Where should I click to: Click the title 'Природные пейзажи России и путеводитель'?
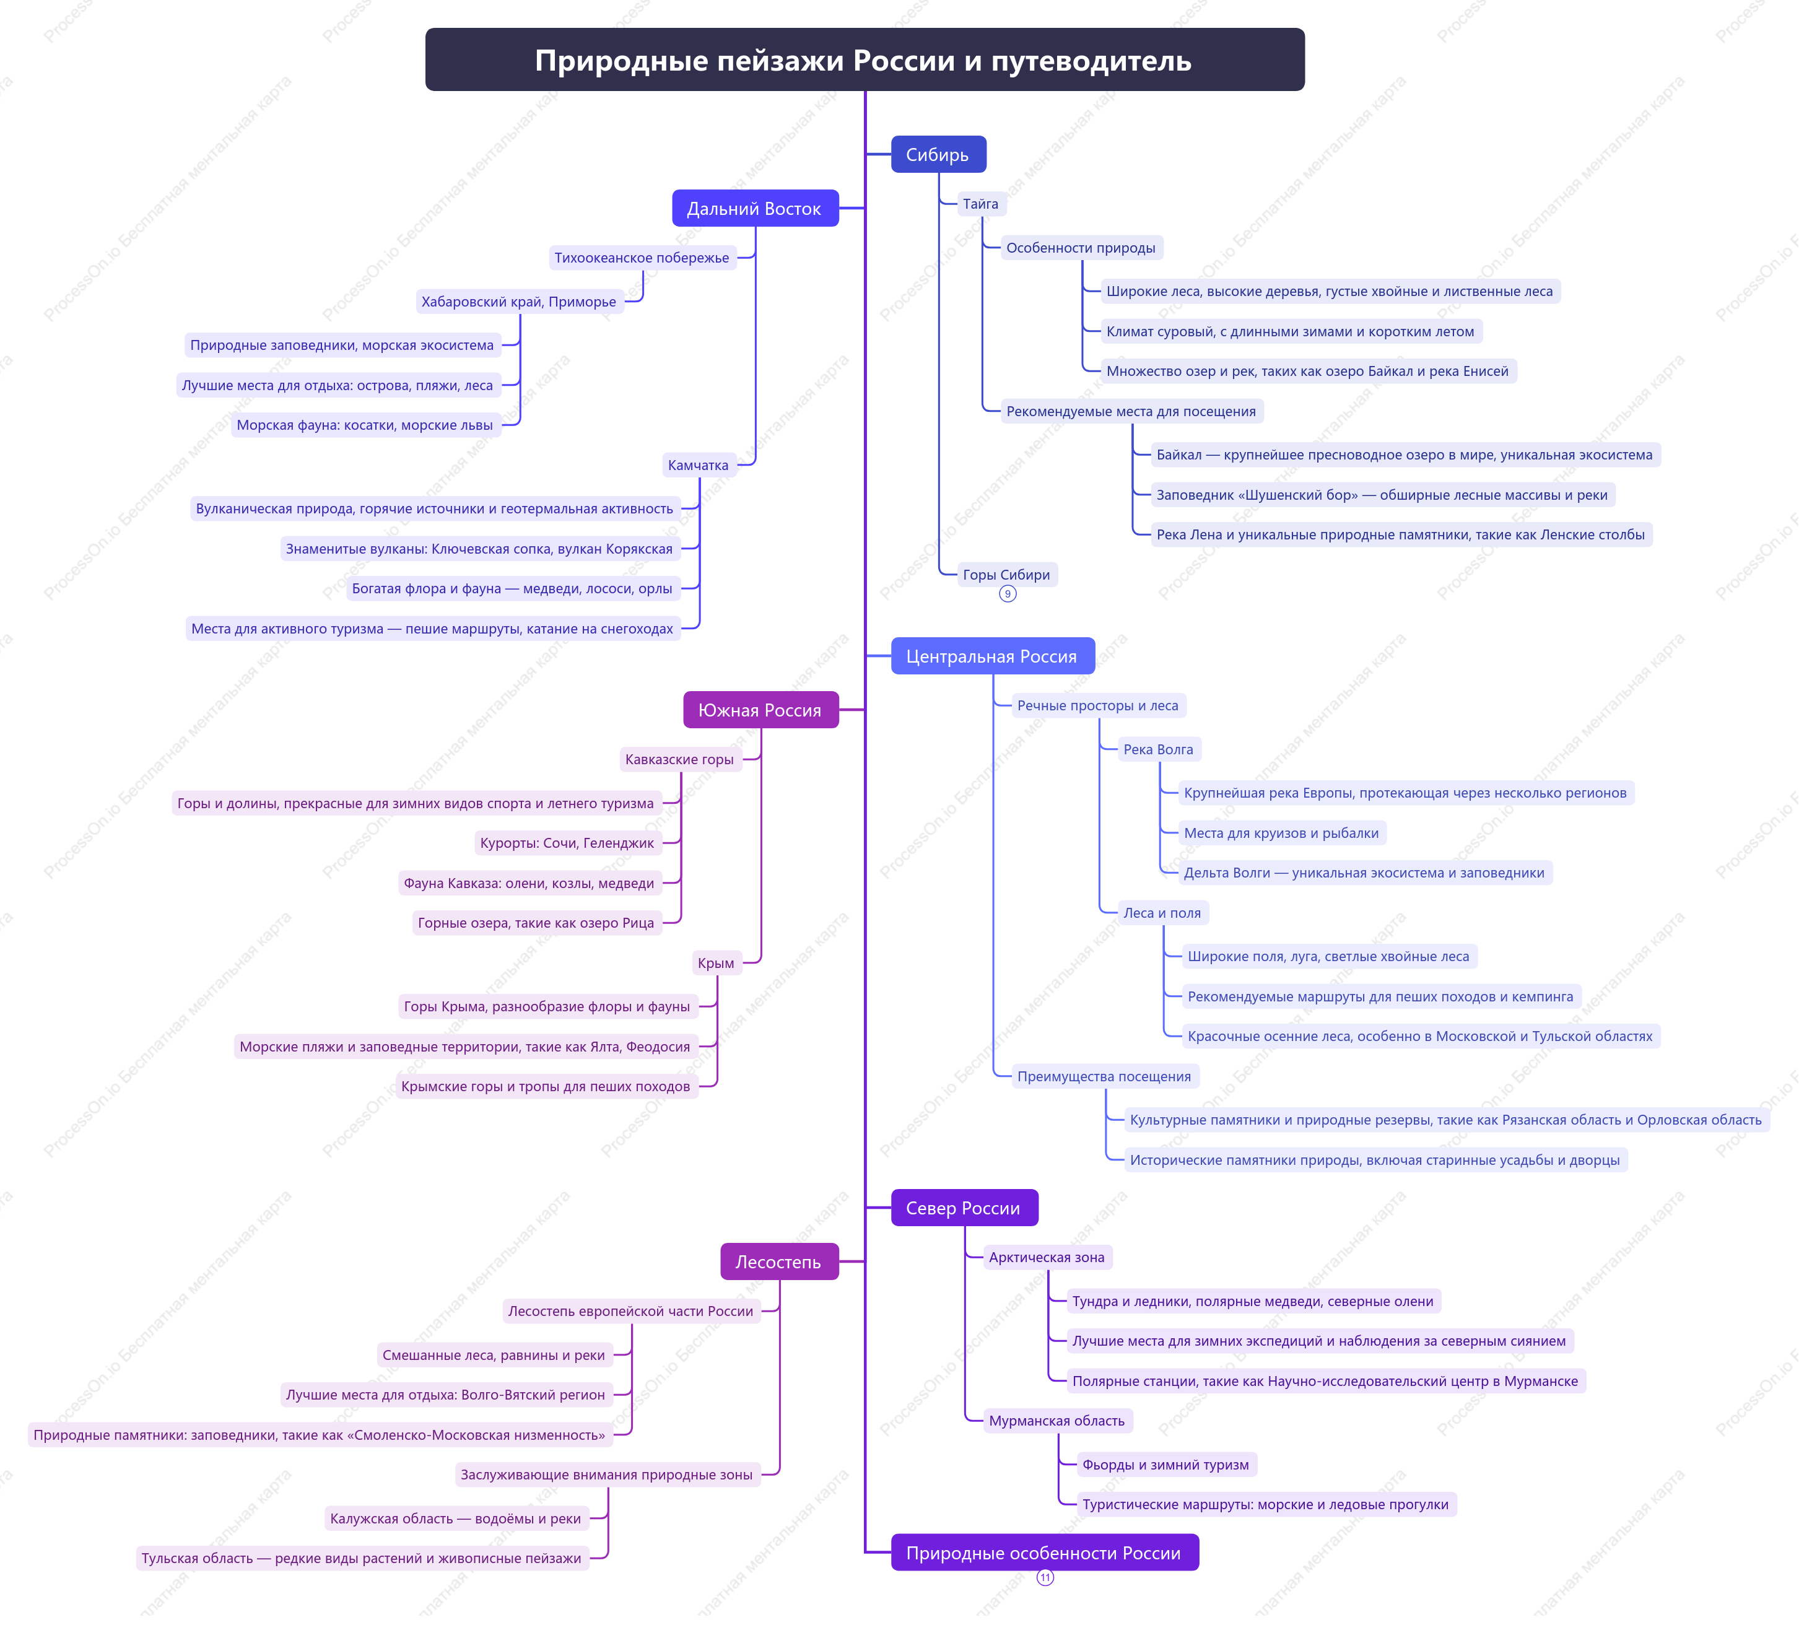864,60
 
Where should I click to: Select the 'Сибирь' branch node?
938,154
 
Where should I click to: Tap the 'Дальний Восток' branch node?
755,208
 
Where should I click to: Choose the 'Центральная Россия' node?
992,656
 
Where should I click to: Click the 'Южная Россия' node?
760,710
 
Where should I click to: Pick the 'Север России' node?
964,1208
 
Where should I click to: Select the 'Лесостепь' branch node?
779,1261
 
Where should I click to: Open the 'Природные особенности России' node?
1044,1553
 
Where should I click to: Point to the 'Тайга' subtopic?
981,204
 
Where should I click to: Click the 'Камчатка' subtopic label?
699,465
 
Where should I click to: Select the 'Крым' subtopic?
717,963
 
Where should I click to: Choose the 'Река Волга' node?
1158,749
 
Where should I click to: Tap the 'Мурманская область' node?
1056,1421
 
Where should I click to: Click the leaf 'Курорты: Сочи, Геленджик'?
567,842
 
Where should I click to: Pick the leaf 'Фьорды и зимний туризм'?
1165,1465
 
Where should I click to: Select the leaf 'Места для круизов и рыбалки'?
1281,832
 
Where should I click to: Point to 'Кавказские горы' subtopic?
680,759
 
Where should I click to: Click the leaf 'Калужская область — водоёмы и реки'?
456,1518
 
